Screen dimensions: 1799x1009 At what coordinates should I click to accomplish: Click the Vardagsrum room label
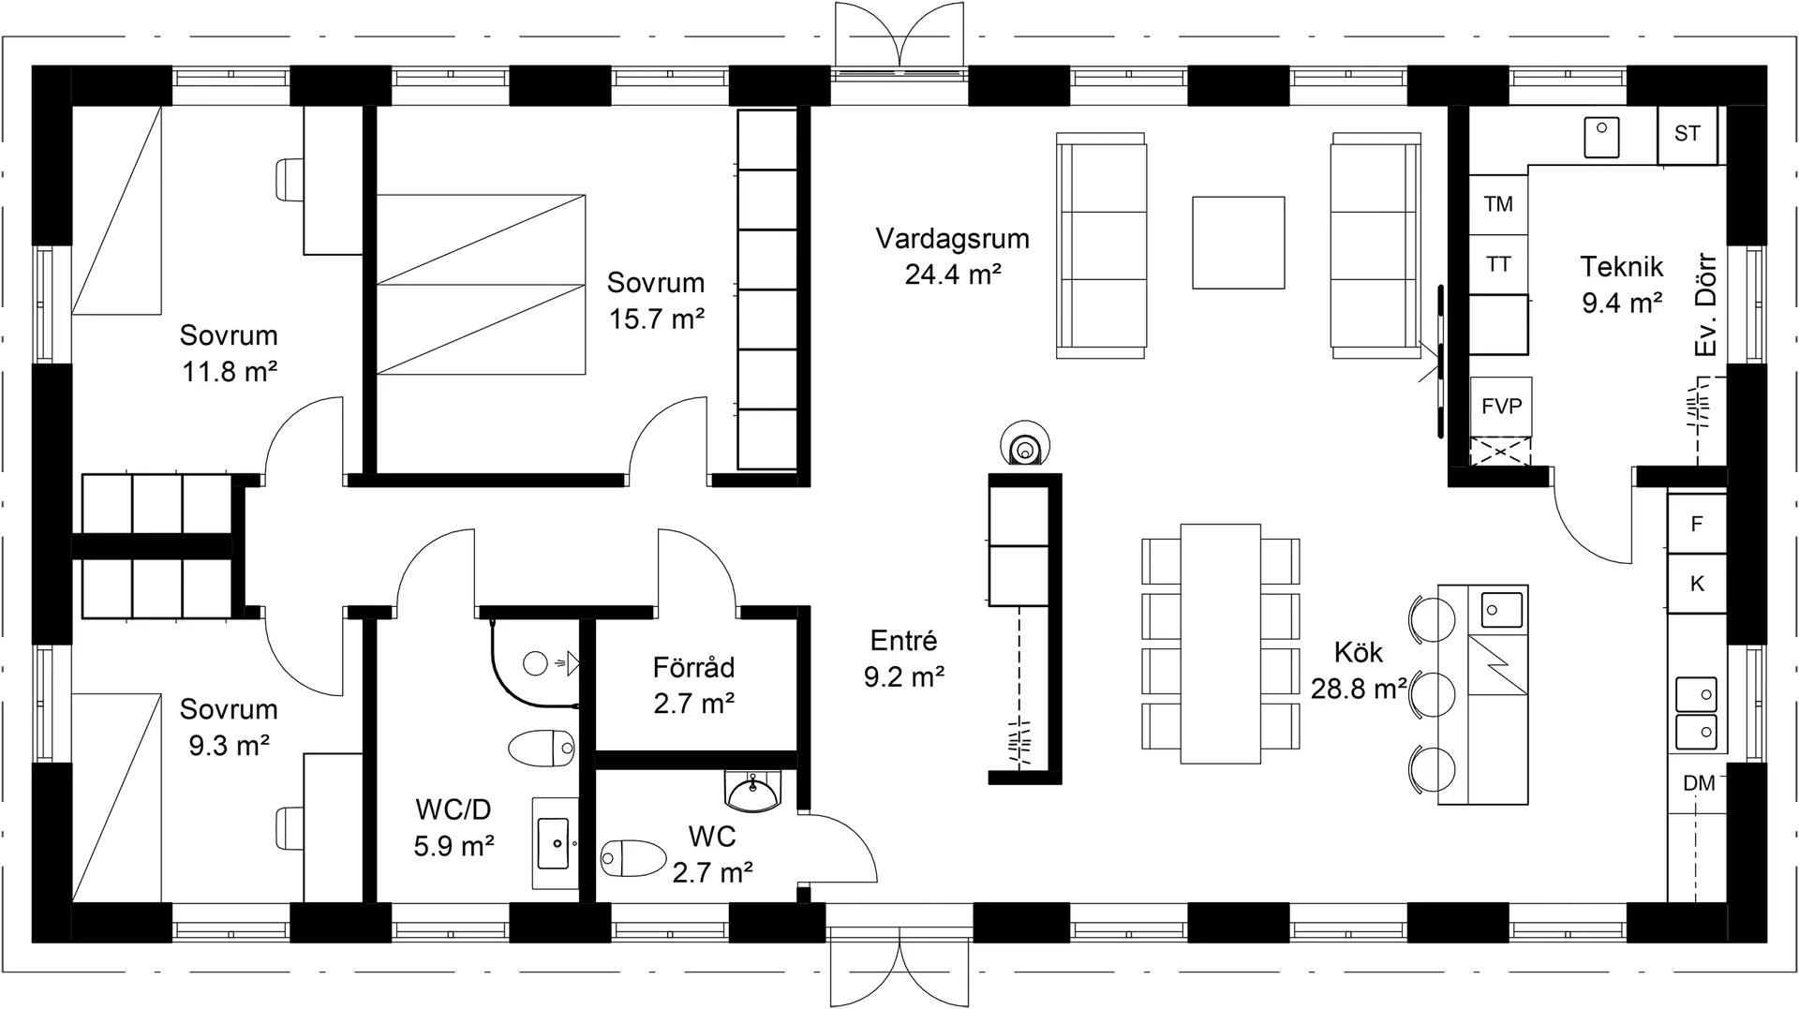[x=952, y=238]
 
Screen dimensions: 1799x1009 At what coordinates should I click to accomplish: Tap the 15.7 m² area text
[x=657, y=319]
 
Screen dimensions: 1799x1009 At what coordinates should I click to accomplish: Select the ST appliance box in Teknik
[x=1687, y=134]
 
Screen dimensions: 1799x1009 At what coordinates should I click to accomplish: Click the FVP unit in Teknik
[x=1501, y=406]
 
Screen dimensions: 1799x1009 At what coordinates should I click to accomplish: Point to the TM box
[x=1498, y=203]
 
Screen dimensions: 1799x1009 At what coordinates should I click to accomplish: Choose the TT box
[x=1498, y=265]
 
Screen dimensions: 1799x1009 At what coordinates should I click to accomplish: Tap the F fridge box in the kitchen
[x=1697, y=524]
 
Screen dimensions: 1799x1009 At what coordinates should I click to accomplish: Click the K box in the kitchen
[x=1697, y=584]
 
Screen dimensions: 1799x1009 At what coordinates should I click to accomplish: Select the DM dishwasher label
[x=1699, y=783]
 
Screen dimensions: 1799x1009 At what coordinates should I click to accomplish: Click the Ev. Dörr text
[x=1706, y=304]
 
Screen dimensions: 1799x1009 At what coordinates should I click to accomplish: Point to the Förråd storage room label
[x=693, y=668]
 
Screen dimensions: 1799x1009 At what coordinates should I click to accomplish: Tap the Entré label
[x=903, y=641]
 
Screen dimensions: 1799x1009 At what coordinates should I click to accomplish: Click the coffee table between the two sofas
[x=1238, y=242]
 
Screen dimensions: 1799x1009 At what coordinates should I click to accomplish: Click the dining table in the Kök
[x=1220, y=644]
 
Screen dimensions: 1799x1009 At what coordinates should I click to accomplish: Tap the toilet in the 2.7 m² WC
[x=633, y=857]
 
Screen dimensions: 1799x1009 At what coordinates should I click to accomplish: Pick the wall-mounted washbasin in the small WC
[x=751, y=791]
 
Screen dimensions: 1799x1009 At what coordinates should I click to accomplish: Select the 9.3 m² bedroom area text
[x=230, y=746]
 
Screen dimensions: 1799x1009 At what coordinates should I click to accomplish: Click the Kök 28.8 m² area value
[x=1359, y=689]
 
